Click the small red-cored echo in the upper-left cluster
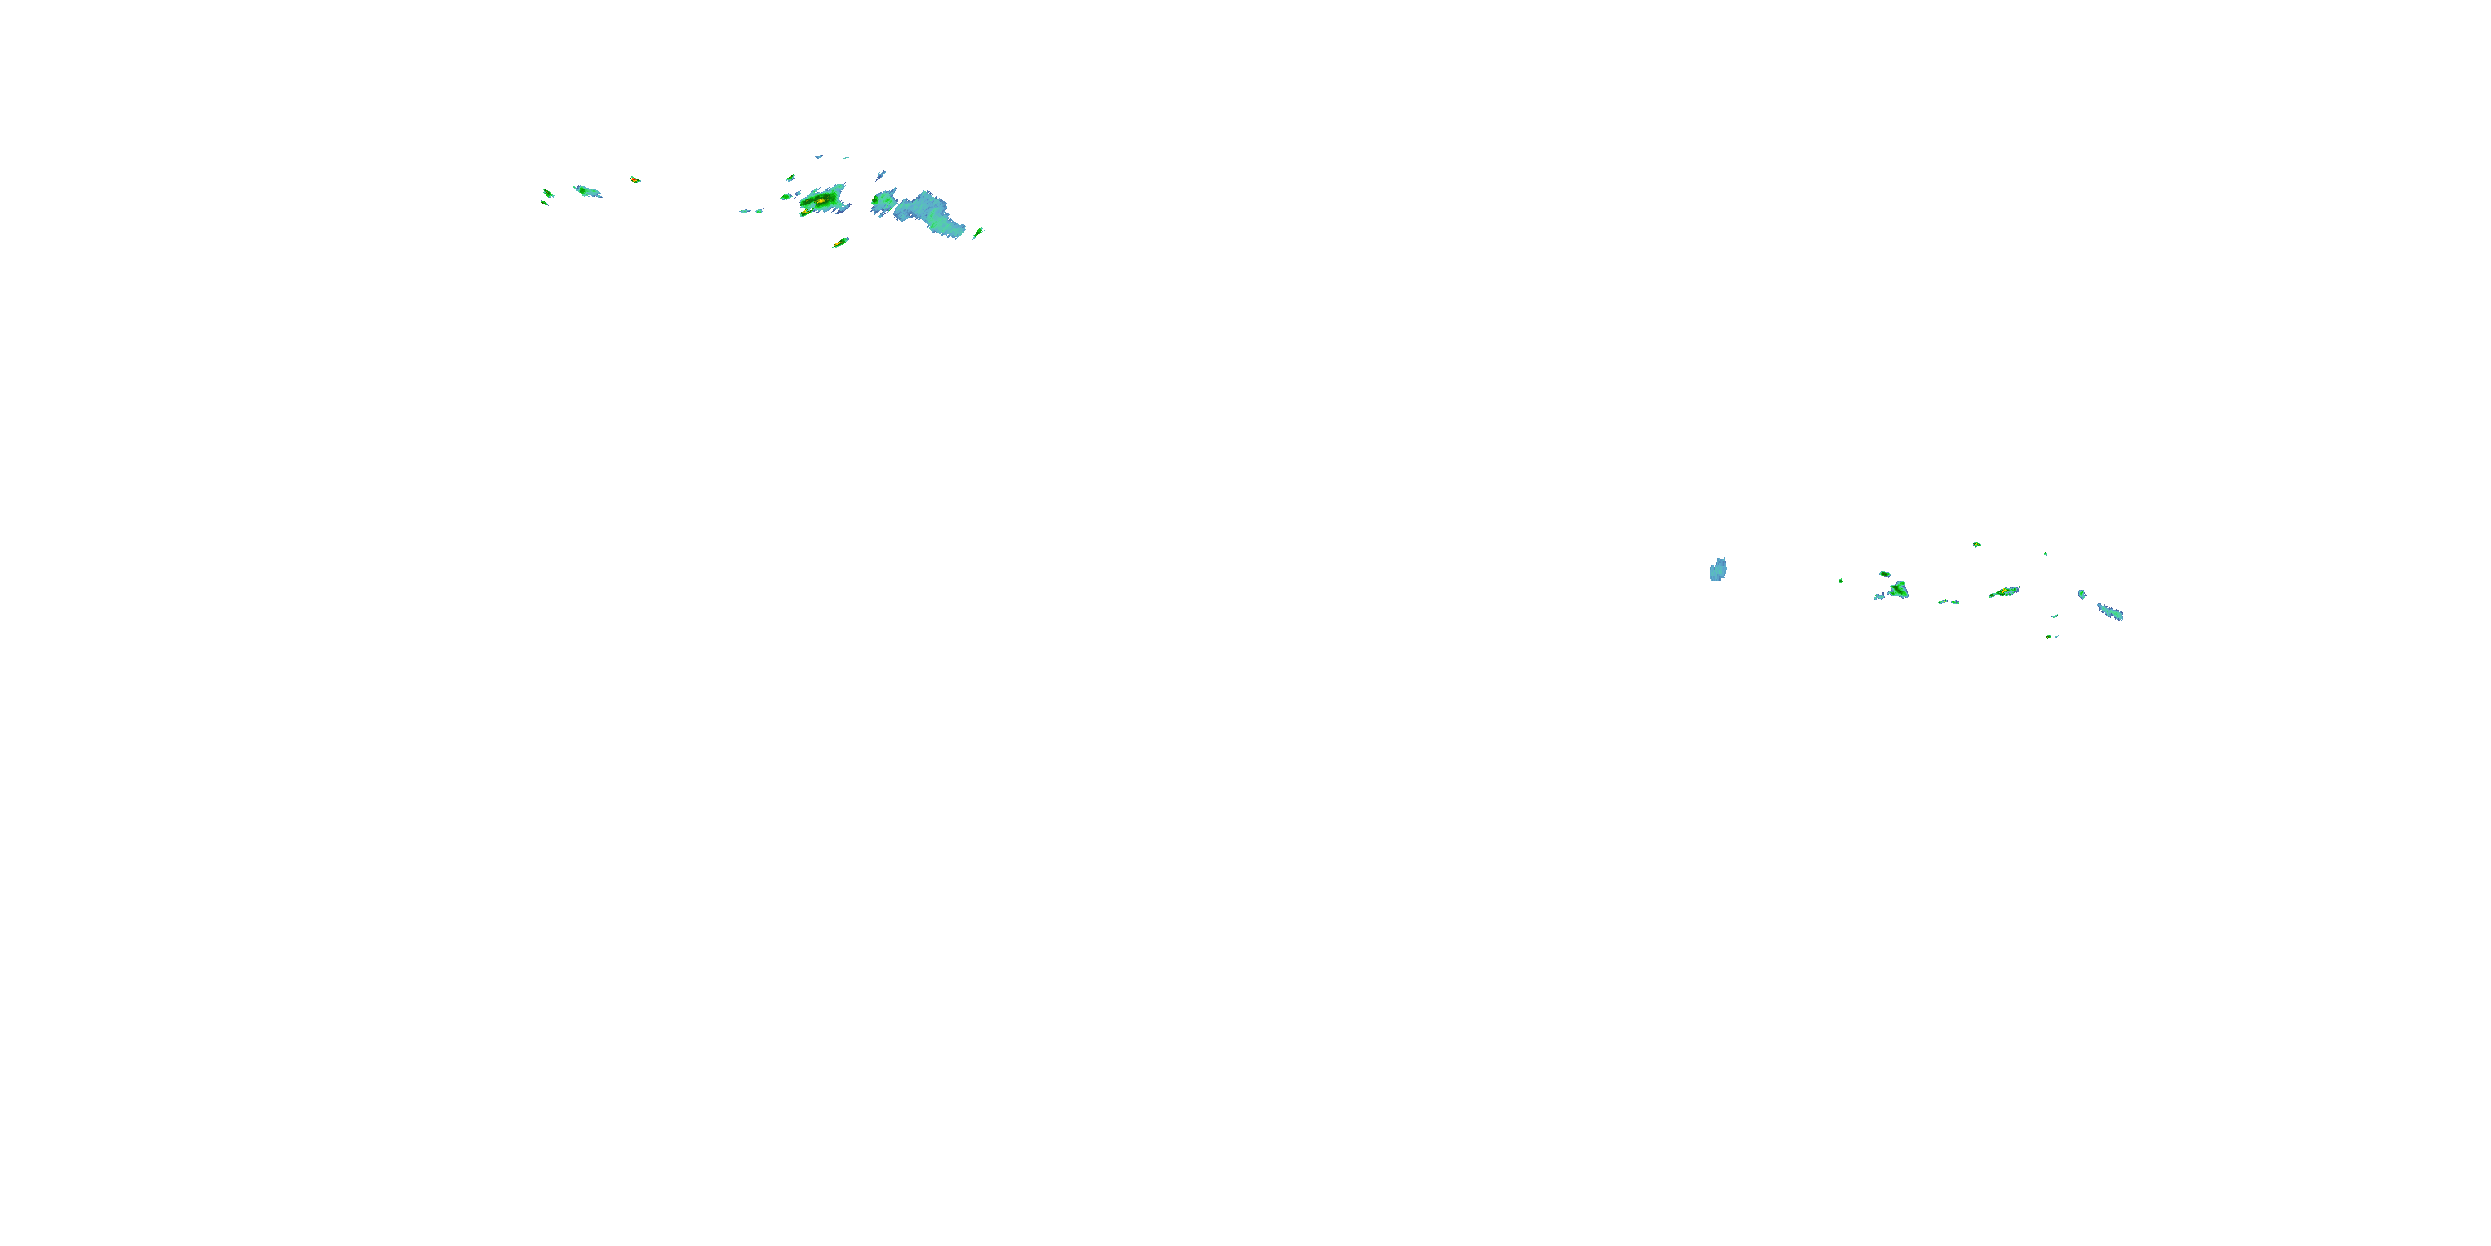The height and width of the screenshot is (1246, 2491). point(634,179)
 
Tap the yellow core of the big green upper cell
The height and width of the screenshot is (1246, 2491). point(821,200)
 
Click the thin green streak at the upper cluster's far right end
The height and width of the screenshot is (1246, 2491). point(979,233)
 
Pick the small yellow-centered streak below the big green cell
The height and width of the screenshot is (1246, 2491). point(840,242)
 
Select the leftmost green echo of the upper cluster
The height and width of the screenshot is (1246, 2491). point(547,194)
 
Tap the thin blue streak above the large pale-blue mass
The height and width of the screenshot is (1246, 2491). point(881,176)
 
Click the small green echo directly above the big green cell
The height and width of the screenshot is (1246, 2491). point(790,178)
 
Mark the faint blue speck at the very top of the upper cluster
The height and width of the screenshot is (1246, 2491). point(819,156)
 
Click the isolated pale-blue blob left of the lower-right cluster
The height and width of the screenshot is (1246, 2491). point(1718,569)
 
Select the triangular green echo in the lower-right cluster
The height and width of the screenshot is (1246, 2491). point(1899,589)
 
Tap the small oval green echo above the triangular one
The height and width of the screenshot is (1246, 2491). point(1885,574)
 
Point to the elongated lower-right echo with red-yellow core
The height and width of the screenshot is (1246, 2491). point(2004,592)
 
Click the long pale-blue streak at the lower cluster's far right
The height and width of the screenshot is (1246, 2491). point(2110,611)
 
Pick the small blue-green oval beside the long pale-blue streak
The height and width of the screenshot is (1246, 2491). point(2082,594)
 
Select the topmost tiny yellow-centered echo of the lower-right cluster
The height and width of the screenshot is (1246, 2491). point(1976,545)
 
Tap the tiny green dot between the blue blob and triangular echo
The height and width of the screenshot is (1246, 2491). point(1840,581)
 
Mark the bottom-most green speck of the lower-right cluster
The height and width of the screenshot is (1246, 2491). point(2051,636)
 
